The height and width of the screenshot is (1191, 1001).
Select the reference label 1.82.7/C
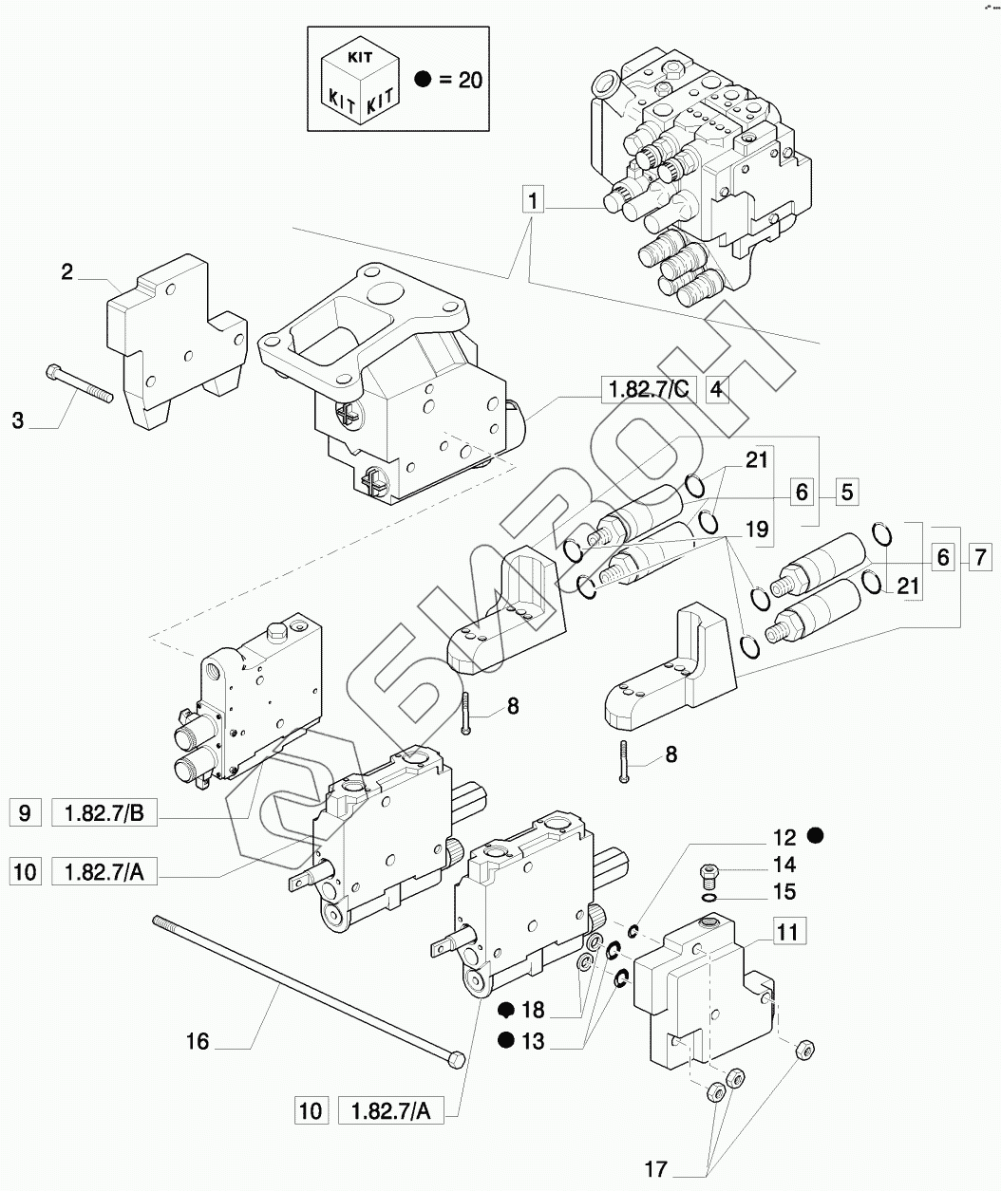[x=650, y=390]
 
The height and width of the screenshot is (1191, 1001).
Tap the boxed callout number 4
[x=717, y=390]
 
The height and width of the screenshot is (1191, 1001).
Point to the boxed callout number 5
[x=847, y=492]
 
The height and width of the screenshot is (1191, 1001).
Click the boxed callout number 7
[x=980, y=556]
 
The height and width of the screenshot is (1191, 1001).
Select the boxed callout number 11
[x=790, y=933]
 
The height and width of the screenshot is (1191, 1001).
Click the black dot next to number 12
[x=816, y=836]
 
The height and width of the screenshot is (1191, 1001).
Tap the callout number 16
[x=198, y=1042]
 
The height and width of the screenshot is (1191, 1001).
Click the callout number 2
[x=67, y=272]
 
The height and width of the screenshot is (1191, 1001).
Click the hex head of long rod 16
[x=457, y=1060]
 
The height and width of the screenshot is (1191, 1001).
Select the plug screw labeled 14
[x=708, y=875]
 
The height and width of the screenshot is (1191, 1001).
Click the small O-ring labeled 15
[x=709, y=899]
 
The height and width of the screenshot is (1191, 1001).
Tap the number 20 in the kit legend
[x=470, y=80]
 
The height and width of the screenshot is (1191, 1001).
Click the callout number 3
[x=18, y=420]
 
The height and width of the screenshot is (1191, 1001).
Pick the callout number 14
[x=784, y=865]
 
